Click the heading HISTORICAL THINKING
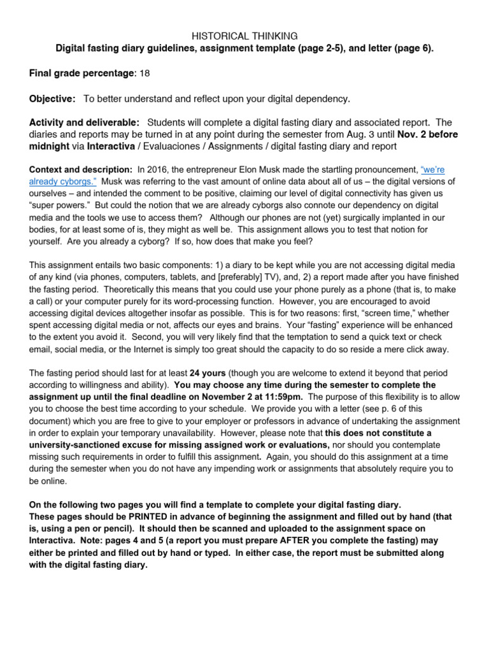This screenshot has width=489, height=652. coord(244,36)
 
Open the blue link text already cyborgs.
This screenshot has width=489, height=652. coord(63,181)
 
